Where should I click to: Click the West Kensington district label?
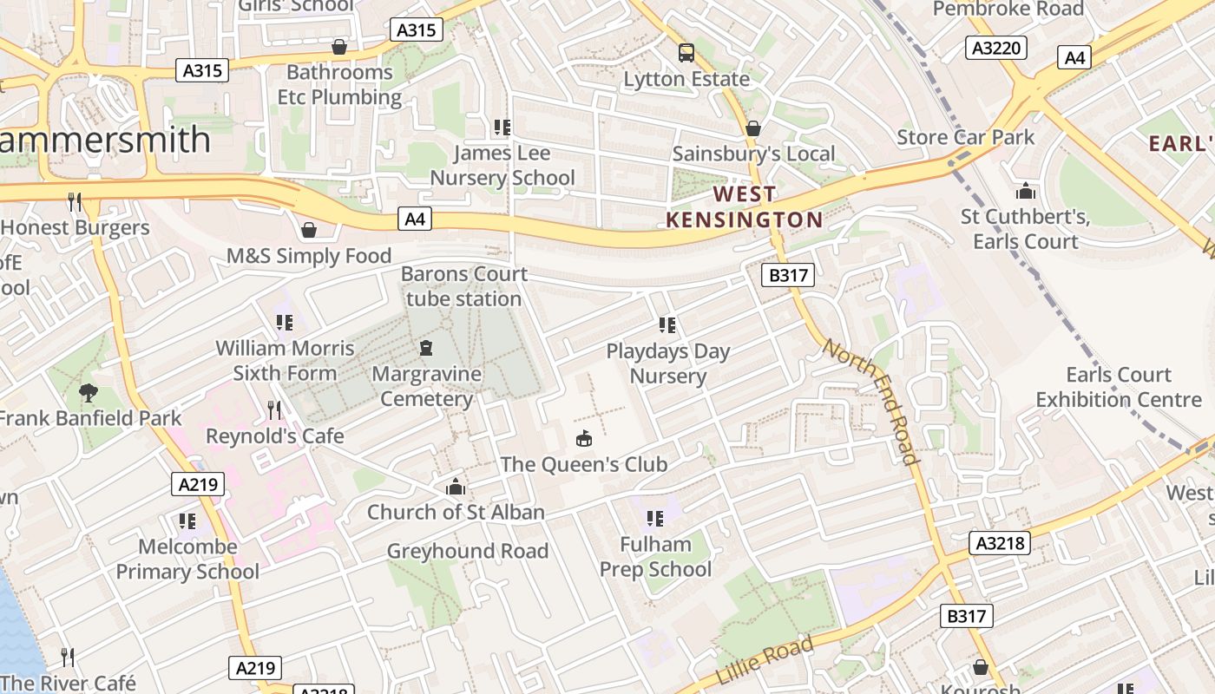tap(744, 206)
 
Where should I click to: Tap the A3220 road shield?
tap(996, 48)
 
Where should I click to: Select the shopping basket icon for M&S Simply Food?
tap(308, 230)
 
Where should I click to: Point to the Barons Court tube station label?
tap(464, 286)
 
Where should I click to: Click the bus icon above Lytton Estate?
tap(686, 53)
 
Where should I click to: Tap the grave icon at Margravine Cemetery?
tap(426, 349)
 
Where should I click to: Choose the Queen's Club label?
tap(584, 464)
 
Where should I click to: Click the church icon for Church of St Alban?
tap(456, 488)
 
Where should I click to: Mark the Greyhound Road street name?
tap(468, 551)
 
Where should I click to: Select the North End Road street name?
tap(870, 402)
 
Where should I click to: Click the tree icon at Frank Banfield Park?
tap(88, 393)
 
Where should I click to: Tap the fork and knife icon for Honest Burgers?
tap(75, 202)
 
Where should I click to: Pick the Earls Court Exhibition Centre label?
tap(1119, 387)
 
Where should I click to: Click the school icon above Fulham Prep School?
tap(655, 519)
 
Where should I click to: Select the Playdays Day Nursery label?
tap(668, 363)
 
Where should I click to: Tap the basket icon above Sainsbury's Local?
tap(753, 128)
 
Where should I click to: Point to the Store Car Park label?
tap(966, 137)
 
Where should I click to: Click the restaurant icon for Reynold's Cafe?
tap(274, 409)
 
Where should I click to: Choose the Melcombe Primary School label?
tap(187, 559)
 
